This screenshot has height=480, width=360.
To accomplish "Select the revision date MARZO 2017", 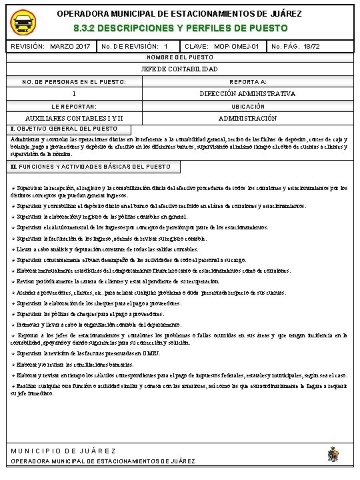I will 70,47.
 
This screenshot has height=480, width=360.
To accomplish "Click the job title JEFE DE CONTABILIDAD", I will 179,69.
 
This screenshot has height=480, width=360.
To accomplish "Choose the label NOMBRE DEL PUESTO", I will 179,58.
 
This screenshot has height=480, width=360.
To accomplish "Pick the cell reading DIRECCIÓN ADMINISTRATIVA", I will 247,94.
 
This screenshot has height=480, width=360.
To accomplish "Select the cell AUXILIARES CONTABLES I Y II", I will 73,118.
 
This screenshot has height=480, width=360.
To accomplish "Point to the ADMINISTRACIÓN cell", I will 247,118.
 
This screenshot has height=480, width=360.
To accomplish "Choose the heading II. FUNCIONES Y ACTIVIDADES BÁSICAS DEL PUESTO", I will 91,165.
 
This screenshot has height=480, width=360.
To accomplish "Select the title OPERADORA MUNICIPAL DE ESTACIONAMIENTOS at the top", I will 179,14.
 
